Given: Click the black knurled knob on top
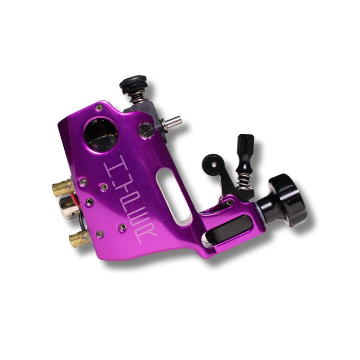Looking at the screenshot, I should [133, 84].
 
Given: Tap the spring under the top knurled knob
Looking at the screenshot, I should [136, 96].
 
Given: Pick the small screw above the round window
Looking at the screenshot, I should [99, 107].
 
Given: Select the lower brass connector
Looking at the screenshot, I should [79, 238].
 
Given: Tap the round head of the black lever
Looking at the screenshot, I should [210, 164].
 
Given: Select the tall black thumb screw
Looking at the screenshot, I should [245, 152].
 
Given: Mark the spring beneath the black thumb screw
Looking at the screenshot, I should [244, 179].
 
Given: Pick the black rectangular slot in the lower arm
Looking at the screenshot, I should [229, 229].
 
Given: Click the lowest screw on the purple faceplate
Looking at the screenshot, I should [100, 234].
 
